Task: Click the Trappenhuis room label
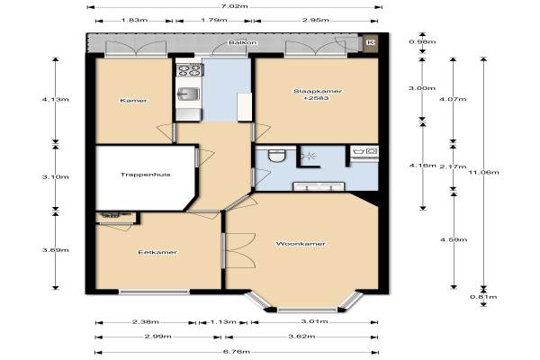145,175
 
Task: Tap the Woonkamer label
301,244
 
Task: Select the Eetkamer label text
157,252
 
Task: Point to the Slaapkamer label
318,91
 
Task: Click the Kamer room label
133,101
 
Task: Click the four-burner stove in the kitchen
189,70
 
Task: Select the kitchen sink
188,93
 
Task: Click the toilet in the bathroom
276,156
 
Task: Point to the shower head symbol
309,157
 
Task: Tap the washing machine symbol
364,151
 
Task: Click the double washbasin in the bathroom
319,186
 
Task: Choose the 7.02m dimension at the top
235,6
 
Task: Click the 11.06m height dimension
484,172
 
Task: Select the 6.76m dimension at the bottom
237,352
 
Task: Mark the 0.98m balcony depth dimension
423,42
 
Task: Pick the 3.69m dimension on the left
56,250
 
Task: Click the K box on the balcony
371,42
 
